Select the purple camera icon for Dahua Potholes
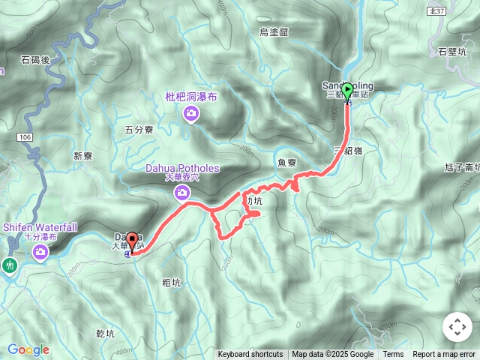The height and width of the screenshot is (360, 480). tap(181, 193)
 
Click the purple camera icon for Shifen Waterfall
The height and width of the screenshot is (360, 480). tap(41, 253)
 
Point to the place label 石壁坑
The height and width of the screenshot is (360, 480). tap(451, 52)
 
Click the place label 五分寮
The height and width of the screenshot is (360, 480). tap(139, 130)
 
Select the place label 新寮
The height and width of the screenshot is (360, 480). tap(82, 156)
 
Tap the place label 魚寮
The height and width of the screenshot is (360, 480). tap(286, 162)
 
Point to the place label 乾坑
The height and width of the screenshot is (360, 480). tap(106, 334)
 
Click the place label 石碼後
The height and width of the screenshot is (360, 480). tap(34, 59)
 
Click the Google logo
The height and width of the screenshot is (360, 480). tap(28, 349)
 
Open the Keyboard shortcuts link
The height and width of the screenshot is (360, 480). tap(250, 355)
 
